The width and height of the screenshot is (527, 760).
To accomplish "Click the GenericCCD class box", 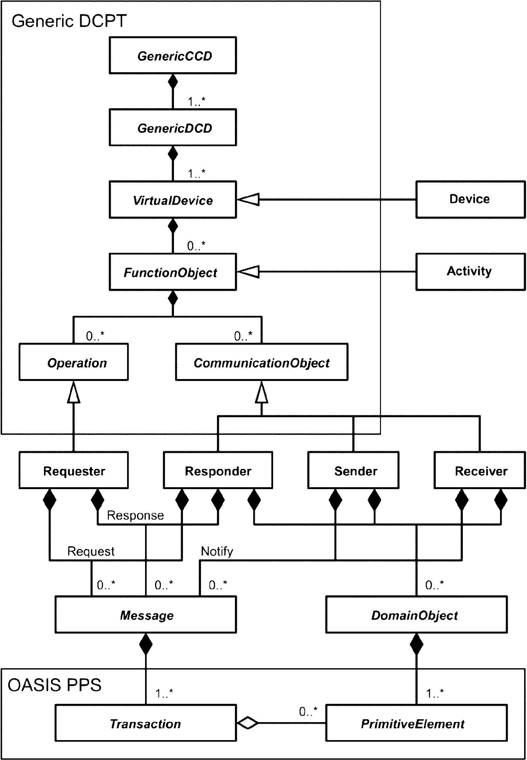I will point(173,56).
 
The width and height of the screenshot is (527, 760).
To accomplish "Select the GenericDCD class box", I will point(173,127).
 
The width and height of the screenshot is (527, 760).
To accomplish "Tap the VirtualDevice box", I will point(173,200).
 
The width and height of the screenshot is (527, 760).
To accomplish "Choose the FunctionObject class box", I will point(173,272).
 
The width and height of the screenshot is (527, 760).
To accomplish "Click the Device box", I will point(470,199).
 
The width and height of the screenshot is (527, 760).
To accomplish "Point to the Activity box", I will point(470,272).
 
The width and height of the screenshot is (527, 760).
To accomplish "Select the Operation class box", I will point(73,362).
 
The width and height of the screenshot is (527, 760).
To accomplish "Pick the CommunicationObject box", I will point(262,362).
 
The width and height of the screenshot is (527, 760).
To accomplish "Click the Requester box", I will point(73,470).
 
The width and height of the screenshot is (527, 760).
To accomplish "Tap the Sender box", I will point(353,470).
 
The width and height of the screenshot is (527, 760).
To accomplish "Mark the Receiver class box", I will point(479,470).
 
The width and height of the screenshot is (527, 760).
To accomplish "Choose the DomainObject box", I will point(416,615).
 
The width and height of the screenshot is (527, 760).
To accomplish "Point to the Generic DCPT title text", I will point(69,21).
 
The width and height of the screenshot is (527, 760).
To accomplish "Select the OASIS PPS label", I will point(55,685).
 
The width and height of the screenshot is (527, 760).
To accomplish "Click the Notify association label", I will point(217,551).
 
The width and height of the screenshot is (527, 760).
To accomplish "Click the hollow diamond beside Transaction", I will point(248,723).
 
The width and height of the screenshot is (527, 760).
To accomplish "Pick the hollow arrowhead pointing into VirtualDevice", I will point(248,199).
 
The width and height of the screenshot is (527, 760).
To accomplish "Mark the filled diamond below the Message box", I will point(146,644).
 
